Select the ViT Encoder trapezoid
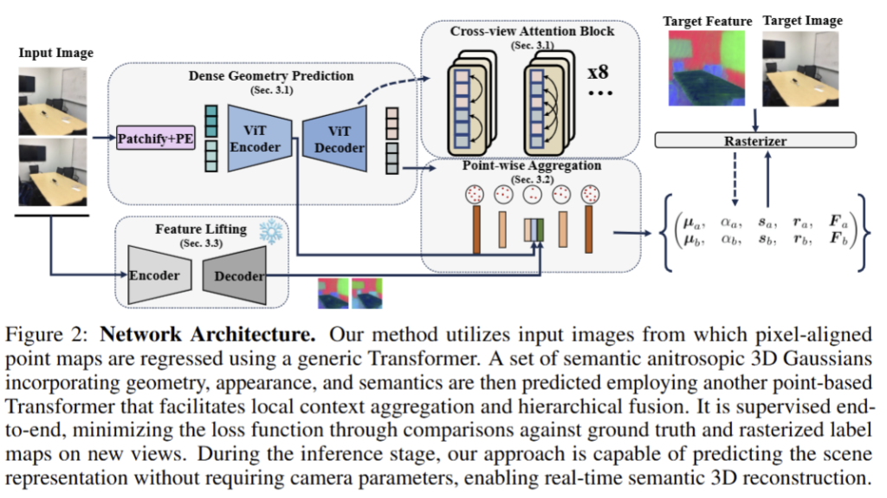(258, 137)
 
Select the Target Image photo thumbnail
(801, 69)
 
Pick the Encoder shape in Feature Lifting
(156, 275)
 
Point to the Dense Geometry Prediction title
(270, 76)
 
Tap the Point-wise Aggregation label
(531, 165)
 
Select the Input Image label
(55, 54)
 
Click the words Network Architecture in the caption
(176, 334)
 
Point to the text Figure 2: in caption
(55, 334)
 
